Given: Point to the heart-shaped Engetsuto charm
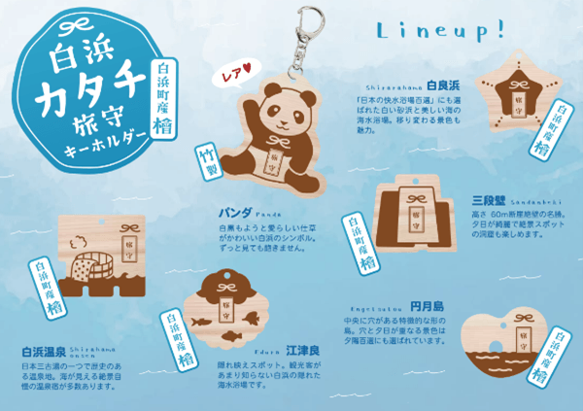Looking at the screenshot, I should [504, 351].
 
